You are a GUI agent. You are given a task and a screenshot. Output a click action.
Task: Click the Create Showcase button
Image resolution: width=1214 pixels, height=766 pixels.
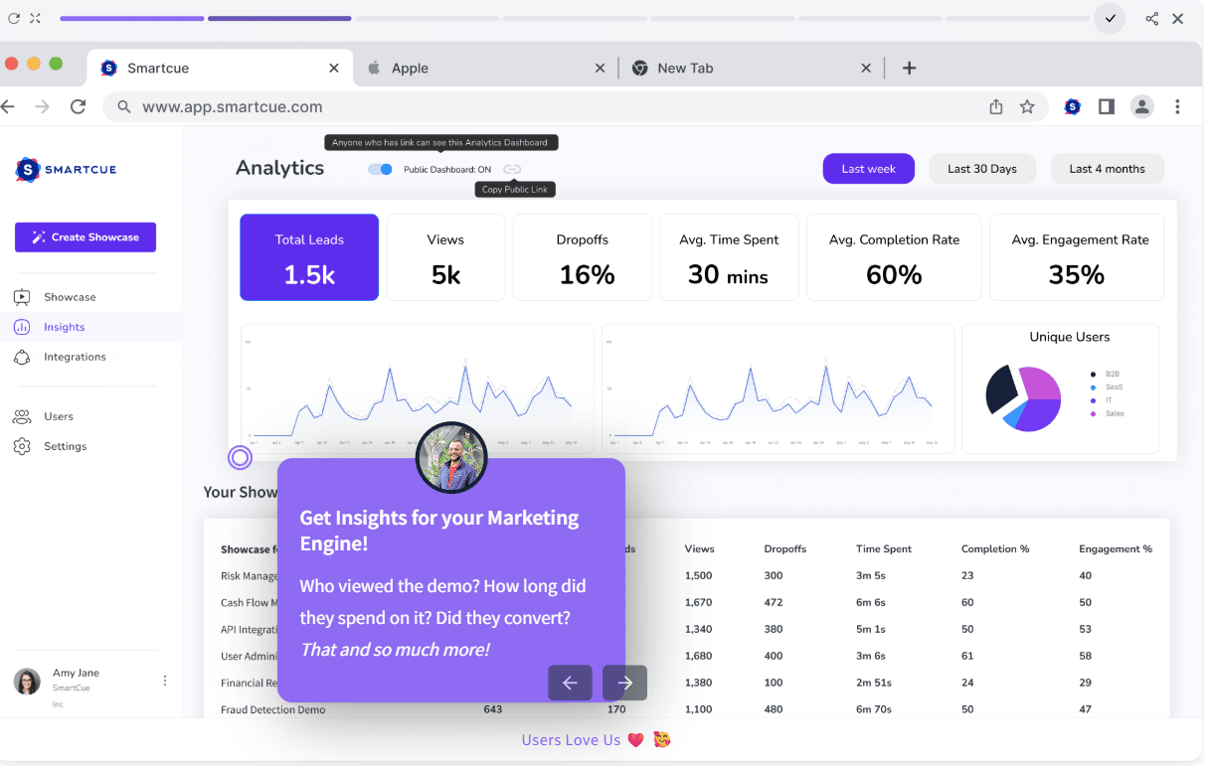click(x=86, y=237)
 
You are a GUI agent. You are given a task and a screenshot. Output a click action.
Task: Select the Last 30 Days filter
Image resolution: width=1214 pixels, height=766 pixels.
click(x=981, y=169)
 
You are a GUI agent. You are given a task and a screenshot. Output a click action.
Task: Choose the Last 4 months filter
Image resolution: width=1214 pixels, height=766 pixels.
click(x=1107, y=169)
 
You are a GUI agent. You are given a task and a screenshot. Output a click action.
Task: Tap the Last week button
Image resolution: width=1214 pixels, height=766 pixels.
click(x=868, y=169)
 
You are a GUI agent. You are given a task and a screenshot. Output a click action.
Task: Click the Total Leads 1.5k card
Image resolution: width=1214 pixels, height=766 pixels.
click(x=309, y=257)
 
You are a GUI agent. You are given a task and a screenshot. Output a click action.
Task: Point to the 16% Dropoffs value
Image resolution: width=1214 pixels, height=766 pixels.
click(x=587, y=275)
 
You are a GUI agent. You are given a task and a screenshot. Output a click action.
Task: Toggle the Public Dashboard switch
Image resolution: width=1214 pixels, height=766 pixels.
click(x=380, y=169)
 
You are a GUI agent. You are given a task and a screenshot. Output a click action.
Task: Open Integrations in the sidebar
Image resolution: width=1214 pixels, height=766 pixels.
click(x=75, y=357)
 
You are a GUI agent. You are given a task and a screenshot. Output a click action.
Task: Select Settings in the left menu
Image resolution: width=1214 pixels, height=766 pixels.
click(x=65, y=446)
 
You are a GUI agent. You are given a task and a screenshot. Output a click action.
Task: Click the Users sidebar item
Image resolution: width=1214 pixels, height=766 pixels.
click(x=58, y=416)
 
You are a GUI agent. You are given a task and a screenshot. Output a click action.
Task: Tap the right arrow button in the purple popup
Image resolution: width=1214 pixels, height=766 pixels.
click(x=624, y=683)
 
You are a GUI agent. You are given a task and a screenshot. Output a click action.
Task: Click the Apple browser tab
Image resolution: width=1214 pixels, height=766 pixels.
click(x=410, y=69)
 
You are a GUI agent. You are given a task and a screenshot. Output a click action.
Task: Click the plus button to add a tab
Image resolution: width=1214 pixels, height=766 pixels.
click(x=909, y=69)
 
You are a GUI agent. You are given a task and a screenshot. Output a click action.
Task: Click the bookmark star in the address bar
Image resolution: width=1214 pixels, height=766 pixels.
click(x=1027, y=107)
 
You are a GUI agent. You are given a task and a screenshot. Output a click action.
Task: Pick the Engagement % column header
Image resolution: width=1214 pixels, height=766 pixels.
click(x=1115, y=548)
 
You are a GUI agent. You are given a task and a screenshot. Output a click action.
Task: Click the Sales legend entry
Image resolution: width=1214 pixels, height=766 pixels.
click(x=1115, y=413)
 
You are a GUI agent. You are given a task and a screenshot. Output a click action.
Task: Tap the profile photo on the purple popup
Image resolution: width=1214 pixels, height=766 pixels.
click(x=451, y=458)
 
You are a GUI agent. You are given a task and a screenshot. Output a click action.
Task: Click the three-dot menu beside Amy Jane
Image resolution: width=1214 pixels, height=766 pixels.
click(x=165, y=681)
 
